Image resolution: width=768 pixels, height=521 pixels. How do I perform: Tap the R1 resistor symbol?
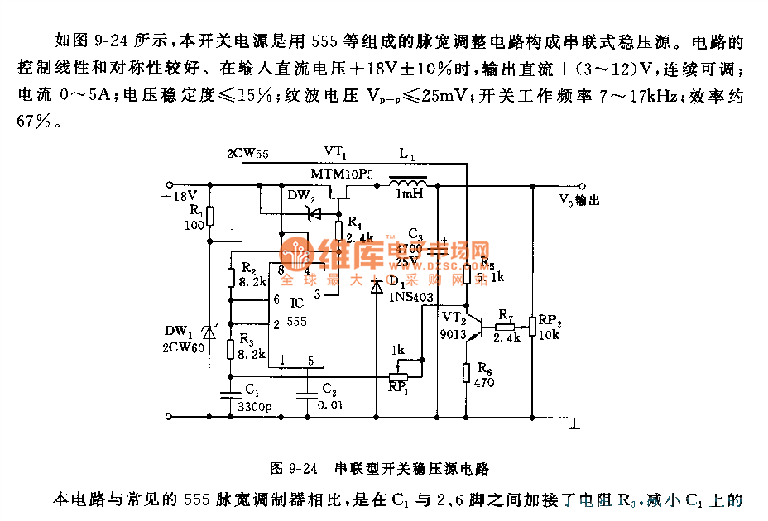click(210, 217)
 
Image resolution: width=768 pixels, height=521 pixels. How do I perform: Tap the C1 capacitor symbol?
click(230, 394)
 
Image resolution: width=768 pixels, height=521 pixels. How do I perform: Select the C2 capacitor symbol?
click(308, 394)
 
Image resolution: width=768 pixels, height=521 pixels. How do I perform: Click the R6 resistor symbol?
click(468, 373)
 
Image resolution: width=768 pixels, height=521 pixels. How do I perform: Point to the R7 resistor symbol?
click(506, 326)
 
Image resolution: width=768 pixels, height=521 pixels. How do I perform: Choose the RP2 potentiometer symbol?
click(532, 326)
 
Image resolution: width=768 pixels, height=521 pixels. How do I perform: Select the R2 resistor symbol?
click(231, 277)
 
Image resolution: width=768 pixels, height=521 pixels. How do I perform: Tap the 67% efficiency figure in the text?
click(36, 121)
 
